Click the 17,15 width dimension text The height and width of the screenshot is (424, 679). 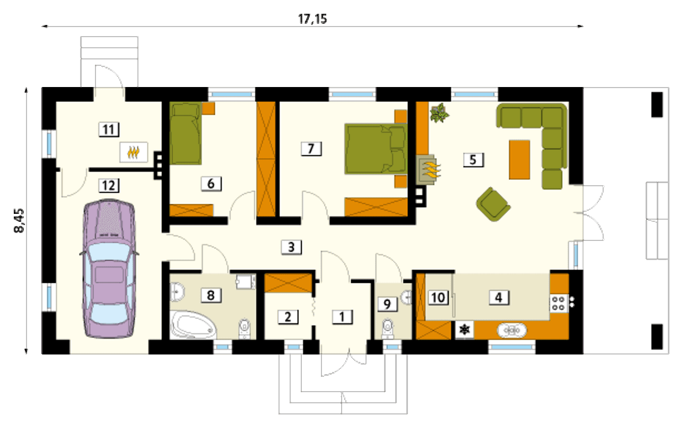[312, 19]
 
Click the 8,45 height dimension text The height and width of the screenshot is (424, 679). [19, 221]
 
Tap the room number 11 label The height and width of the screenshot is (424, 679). [109, 129]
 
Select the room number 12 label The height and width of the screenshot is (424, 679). [109, 185]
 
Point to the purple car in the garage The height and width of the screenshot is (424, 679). [109, 269]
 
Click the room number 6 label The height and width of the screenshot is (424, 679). [211, 184]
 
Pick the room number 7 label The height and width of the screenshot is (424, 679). [311, 149]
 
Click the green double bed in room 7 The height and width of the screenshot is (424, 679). [376, 149]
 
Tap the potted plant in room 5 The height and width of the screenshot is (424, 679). [439, 113]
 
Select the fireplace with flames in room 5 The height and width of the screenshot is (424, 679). [428, 169]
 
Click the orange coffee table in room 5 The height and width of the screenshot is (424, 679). [519, 160]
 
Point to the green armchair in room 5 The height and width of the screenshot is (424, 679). [493, 204]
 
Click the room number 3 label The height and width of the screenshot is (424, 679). [291, 247]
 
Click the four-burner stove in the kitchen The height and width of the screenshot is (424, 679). [559, 304]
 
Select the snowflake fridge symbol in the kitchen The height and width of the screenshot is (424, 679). [464, 330]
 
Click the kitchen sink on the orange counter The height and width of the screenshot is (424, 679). [512, 330]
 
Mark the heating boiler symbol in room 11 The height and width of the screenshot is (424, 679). [134, 152]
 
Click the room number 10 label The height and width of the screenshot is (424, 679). [438, 298]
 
